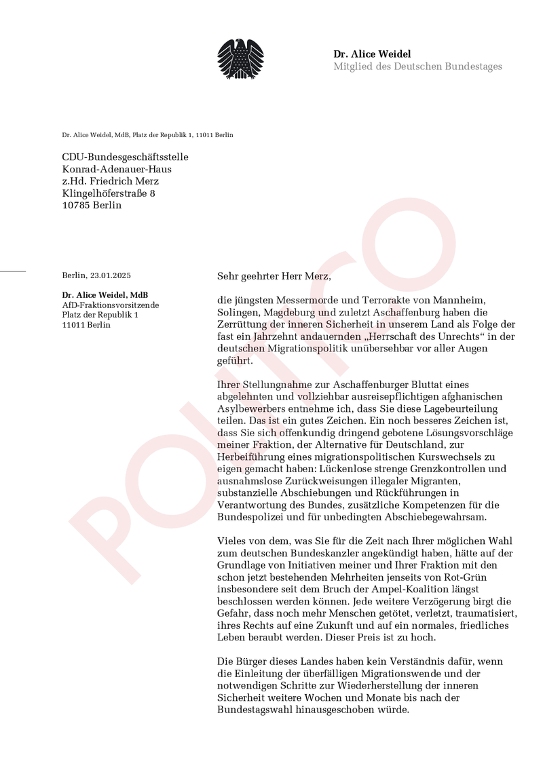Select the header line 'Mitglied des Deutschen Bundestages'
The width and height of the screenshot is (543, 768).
click(417, 66)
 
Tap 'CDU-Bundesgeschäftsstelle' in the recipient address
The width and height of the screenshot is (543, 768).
click(125, 157)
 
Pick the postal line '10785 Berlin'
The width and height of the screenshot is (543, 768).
click(92, 205)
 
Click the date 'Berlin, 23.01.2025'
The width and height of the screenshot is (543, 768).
click(96, 275)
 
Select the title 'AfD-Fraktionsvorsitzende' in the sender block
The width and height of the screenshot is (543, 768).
click(110, 305)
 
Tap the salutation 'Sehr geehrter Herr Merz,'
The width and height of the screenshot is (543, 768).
click(274, 276)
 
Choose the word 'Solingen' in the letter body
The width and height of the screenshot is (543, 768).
click(237, 313)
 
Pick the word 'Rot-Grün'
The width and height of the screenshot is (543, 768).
click(460, 578)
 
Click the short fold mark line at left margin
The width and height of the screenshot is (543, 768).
click(12, 271)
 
